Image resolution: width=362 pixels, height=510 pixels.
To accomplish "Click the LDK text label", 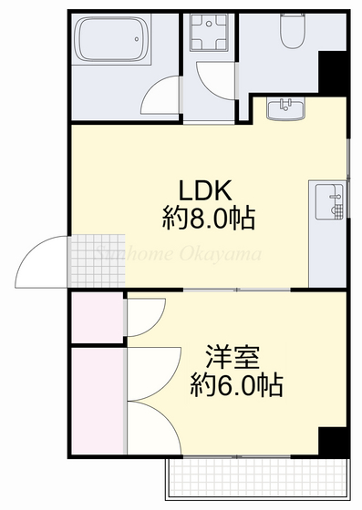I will click(x=208, y=191).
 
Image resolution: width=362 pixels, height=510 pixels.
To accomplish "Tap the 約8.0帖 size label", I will click(x=208, y=218).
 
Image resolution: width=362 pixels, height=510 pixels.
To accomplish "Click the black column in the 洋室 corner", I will click(x=334, y=440).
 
